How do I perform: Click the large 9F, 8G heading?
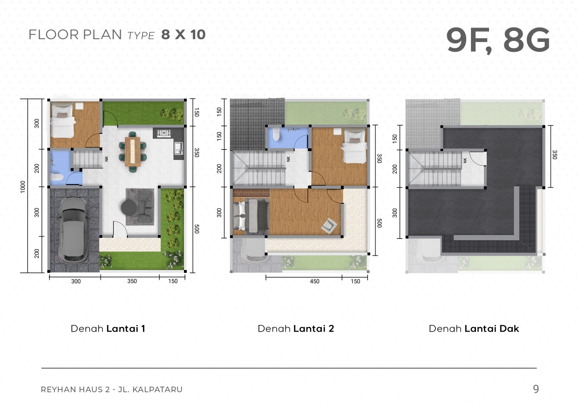(x=498, y=41)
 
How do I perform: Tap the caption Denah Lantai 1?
(x=108, y=329)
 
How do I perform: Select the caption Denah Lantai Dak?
(x=474, y=329)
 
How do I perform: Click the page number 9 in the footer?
(x=536, y=389)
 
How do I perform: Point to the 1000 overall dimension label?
(x=23, y=187)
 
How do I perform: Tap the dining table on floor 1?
(x=132, y=152)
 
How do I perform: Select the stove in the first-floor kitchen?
(x=164, y=133)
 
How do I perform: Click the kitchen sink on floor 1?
(x=178, y=149)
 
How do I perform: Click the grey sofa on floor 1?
(x=145, y=208)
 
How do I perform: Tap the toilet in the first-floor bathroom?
(x=56, y=177)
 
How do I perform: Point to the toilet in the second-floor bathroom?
(x=276, y=133)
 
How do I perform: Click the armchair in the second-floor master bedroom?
(x=329, y=226)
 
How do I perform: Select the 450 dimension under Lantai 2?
(x=314, y=281)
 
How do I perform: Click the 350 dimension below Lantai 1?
(x=132, y=281)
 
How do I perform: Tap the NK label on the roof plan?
(x=465, y=160)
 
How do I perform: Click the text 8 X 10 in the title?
(x=184, y=35)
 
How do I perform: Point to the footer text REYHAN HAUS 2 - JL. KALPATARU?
(x=111, y=389)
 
